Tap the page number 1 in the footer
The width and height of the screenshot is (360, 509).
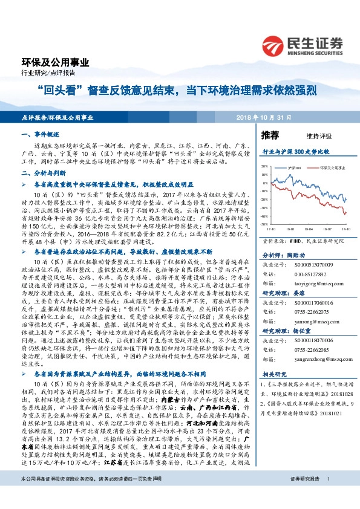[328, 496]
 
